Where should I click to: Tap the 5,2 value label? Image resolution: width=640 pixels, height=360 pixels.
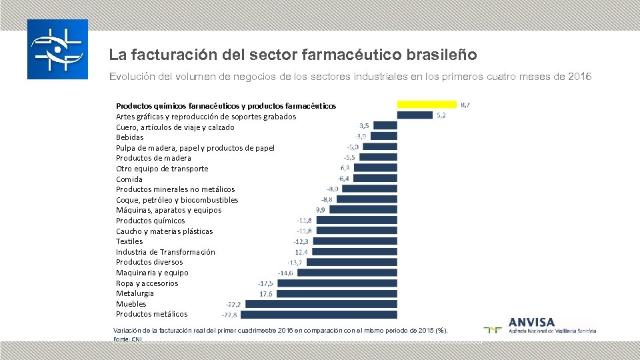(x=441, y=115)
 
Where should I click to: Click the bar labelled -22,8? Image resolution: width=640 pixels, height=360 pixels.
(x=319, y=314)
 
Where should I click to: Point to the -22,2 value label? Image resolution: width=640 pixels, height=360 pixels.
(x=233, y=304)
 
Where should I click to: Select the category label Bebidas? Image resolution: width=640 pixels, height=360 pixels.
(x=129, y=137)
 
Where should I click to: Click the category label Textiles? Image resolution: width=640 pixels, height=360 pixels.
(x=129, y=241)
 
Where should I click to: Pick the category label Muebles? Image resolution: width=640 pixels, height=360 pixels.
(x=131, y=304)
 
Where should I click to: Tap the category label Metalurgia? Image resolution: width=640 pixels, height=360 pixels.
(x=135, y=293)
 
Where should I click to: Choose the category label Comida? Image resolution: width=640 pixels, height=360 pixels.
(x=129, y=179)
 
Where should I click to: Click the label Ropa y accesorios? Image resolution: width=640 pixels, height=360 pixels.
(x=147, y=283)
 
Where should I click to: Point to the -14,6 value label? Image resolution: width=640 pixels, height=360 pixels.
(x=285, y=273)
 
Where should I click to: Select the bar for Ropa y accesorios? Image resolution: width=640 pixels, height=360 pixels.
(x=337, y=283)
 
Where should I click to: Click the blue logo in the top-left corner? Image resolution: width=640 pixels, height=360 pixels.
(x=57, y=49)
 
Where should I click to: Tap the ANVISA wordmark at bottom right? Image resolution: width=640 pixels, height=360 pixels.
(x=531, y=321)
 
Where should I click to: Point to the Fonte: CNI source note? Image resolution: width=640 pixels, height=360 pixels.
(x=127, y=339)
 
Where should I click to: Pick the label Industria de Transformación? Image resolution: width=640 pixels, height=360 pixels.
(x=165, y=252)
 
